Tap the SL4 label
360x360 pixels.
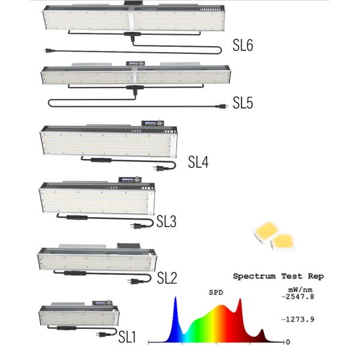[x=198, y=161]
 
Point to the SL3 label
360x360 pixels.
[x=166, y=223]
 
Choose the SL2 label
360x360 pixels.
[x=167, y=278]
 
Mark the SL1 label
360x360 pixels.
[x=127, y=337]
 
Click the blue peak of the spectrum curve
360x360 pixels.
[x=175, y=299]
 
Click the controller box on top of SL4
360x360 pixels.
[x=150, y=123]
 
